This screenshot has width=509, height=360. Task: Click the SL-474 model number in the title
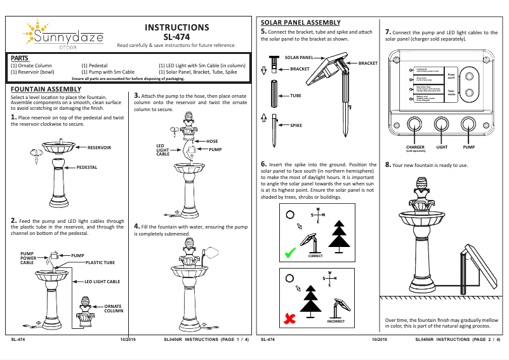[x=177, y=37]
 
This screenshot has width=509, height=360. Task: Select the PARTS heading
[x=20, y=58]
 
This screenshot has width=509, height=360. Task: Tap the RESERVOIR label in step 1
[x=99, y=147]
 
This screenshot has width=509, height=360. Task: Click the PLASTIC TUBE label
[x=100, y=262]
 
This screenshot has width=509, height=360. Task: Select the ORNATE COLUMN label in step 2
[x=114, y=309]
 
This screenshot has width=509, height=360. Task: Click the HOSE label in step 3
[x=212, y=141]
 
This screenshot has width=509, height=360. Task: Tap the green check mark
[x=290, y=253]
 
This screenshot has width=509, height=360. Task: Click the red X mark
[x=290, y=319]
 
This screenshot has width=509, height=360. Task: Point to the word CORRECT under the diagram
[x=315, y=256]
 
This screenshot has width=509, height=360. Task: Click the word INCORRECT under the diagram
[x=336, y=322]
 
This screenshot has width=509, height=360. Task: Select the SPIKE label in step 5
[x=296, y=126]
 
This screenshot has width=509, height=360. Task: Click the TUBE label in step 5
[x=296, y=95]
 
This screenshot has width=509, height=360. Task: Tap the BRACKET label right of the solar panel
[x=368, y=63]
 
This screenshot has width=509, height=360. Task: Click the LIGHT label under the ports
[x=442, y=147]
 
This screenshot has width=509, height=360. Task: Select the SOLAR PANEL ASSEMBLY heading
[x=301, y=23]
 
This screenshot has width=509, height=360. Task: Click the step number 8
[x=388, y=164]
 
